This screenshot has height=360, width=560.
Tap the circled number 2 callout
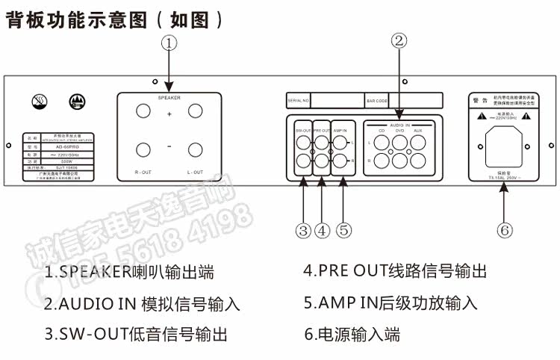[399, 41]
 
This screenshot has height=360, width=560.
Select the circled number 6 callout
[505, 230]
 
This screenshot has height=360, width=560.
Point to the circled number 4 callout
[322, 230]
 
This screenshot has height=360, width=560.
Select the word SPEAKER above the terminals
[169, 97]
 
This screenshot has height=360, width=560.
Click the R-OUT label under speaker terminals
[143, 173]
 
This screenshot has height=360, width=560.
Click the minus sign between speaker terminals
[169, 147]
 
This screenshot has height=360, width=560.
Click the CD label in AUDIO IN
[382, 131]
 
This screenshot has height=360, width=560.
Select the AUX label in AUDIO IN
[417, 131]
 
